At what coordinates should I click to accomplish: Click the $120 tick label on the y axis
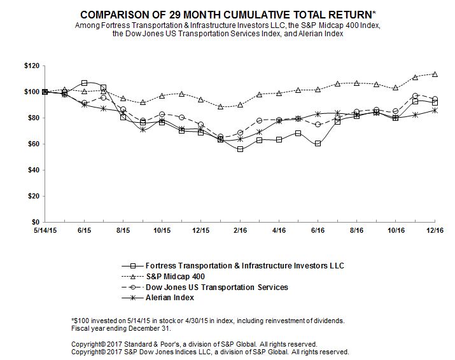coord(31,66)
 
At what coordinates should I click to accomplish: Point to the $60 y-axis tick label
coord(33,144)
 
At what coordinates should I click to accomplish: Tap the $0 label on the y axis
coord(36,222)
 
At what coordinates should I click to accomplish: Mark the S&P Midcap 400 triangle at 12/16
coord(435,74)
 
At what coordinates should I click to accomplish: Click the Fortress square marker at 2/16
coord(240,149)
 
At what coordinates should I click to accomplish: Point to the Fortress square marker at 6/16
coord(318,144)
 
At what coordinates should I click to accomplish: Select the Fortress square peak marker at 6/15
coord(84,83)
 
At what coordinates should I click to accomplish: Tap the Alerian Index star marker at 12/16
coord(435,110)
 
